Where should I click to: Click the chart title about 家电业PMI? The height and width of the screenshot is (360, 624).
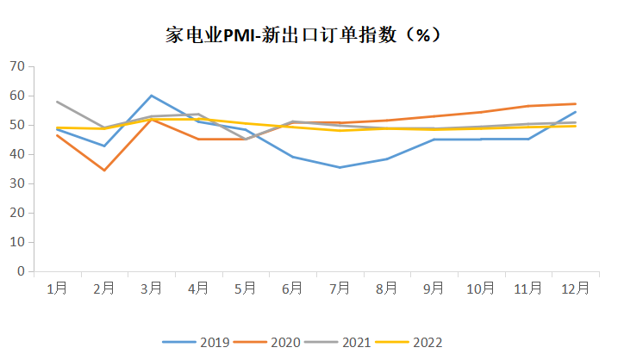point(303,35)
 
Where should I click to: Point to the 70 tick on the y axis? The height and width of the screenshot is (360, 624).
point(16,66)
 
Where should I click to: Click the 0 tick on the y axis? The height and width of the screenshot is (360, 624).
point(20,271)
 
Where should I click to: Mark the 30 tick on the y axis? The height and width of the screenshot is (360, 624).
point(16,183)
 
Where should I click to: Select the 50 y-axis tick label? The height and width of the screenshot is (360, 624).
point(16,125)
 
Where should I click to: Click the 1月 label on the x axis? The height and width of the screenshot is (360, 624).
point(57,288)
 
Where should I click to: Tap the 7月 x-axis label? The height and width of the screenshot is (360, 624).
point(340,288)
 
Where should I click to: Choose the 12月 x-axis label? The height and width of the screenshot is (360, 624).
point(575,288)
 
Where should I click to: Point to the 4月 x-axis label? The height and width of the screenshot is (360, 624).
point(198,288)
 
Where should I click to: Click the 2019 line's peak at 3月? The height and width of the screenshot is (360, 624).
point(152,96)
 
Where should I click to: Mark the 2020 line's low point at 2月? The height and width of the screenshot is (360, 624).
point(104,170)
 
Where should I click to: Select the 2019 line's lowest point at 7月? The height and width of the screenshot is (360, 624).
point(340,167)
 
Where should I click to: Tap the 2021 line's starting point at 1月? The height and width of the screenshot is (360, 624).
point(57,102)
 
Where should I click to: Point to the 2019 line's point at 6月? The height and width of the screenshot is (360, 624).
point(293,157)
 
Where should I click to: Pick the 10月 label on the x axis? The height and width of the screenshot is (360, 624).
point(481,288)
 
